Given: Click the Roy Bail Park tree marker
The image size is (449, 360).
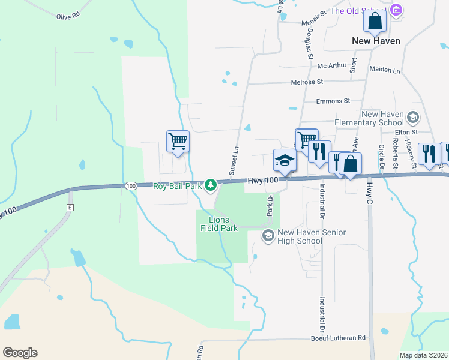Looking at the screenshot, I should (211, 185).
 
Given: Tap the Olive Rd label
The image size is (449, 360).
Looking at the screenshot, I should (68, 16).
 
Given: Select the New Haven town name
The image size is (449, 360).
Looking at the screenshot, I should (375, 41).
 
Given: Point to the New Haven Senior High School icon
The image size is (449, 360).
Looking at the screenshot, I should (268, 236).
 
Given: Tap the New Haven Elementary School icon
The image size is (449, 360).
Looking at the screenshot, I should (412, 117).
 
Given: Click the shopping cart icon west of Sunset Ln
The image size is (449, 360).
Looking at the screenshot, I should (178, 142).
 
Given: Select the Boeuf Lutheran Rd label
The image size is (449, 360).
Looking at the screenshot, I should (338, 338).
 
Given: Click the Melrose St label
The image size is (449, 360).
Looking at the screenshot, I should (307, 82).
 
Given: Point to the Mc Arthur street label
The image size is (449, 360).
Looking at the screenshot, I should (332, 66).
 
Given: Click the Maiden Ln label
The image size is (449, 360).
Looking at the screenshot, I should (385, 70).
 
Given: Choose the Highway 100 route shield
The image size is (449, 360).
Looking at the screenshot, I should (131, 187).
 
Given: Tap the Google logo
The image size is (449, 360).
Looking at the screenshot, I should (20, 353).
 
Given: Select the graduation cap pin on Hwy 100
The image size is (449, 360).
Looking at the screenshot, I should (285, 160).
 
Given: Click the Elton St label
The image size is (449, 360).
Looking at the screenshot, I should (406, 132).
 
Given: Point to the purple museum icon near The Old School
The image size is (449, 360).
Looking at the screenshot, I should (395, 10).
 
